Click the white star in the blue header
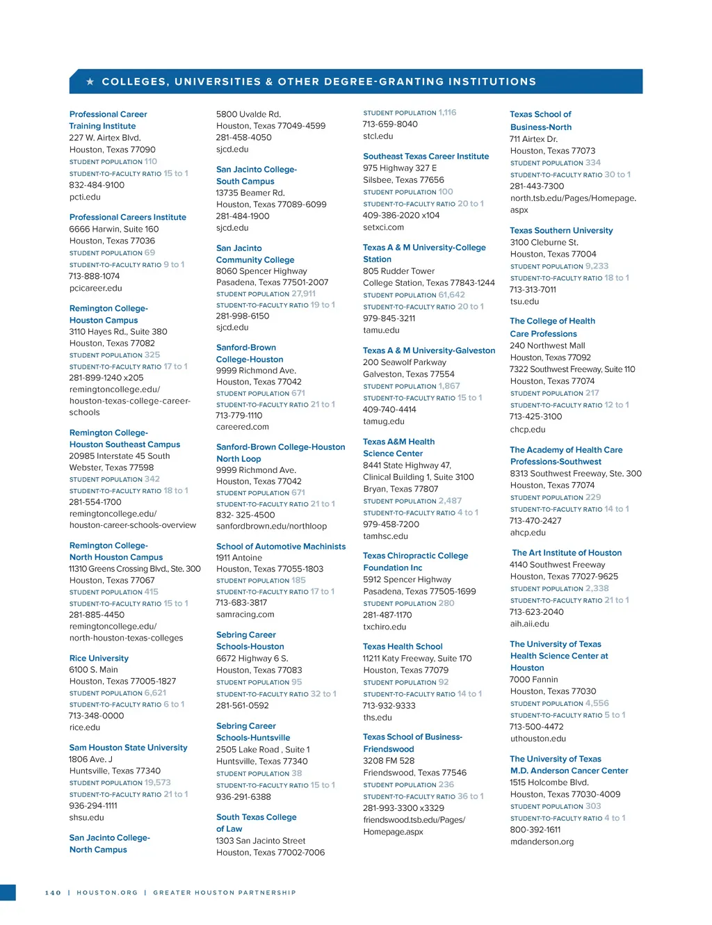click(x=90, y=82)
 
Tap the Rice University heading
click(x=99, y=658)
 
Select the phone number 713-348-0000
click(x=96, y=716)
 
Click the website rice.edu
click(x=85, y=727)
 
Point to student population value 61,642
click(x=452, y=295)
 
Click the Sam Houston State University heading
click(x=128, y=748)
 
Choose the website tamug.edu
click(x=383, y=421)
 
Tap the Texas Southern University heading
click(x=561, y=230)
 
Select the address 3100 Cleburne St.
click(x=544, y=243)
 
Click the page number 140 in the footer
click(x=53, y=892)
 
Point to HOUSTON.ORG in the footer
click(x=107, y=892)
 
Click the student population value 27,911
click(x=303, y=294)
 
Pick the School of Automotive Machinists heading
click(x=280, y=547)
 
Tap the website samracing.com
click(x=245, y=615)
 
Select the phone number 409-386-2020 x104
click(x=401, y=216)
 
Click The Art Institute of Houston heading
click(x=567, y=553)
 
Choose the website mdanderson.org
click(x=542, y=842)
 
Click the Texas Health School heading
click(x=403, y=647)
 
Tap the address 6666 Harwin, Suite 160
click(x=113, y=229)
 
